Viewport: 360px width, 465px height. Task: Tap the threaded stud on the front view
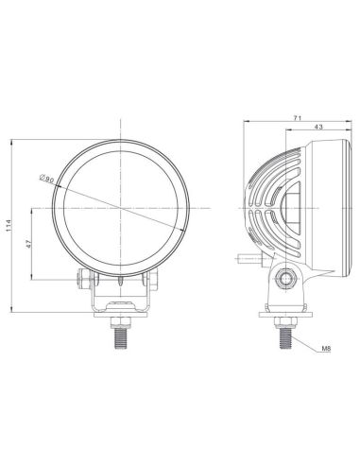pos(122,334)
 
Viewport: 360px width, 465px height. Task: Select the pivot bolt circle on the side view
pos(284,275)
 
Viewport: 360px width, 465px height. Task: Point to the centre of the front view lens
pos(122,205)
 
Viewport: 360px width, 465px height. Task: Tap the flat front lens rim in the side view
pos(331,205)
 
